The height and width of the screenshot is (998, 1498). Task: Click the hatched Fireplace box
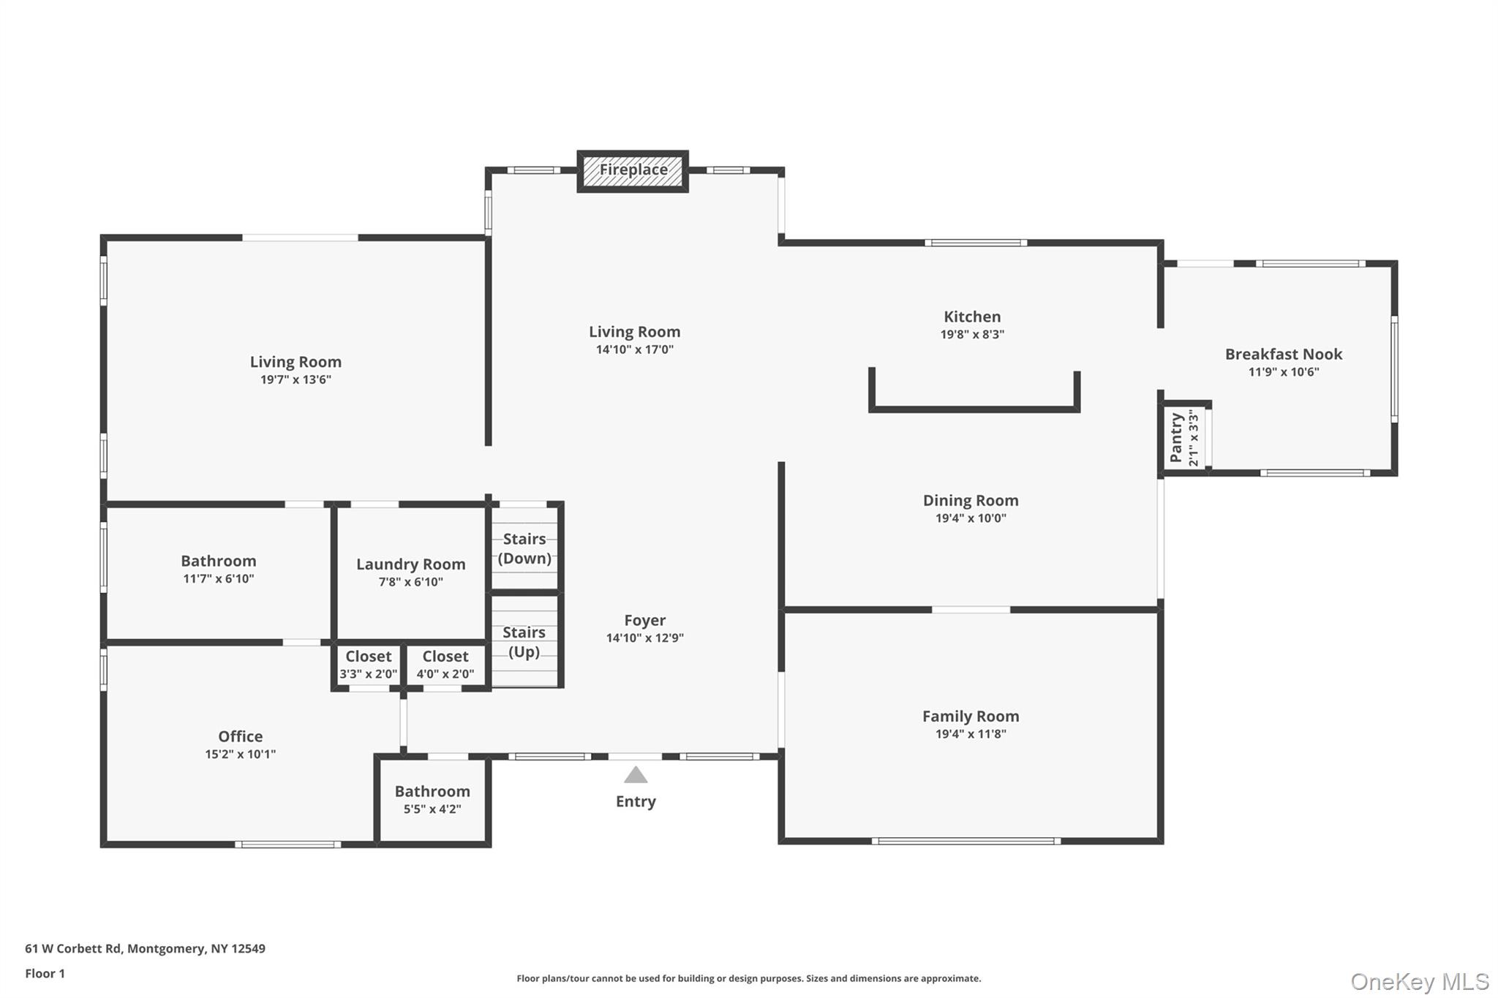coord(633,171)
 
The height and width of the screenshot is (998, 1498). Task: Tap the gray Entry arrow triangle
coord(636,775)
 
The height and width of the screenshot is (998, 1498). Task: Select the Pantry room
coord(1184,437)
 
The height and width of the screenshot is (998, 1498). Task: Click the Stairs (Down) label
coord(524,548)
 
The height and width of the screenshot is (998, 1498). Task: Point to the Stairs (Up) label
coord(524,642)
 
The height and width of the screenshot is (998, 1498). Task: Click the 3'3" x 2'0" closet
coord(368,665)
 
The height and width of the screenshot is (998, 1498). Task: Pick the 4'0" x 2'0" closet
coord(445,665)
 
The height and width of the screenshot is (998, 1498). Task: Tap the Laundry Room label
coord(410,564)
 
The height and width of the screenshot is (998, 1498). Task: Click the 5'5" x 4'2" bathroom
coord(432,800)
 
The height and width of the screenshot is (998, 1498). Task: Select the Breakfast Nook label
coord(1284,355)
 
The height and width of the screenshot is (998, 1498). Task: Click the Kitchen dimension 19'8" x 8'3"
coord(972,335)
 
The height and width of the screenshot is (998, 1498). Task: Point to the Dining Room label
coord(971,501)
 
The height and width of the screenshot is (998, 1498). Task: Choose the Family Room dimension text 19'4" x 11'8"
coord(971,734)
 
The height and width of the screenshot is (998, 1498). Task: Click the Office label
coord(240,737)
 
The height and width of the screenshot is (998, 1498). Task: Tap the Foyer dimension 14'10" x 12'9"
coord(644,638)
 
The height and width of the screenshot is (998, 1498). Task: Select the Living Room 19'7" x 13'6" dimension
coord(296,380)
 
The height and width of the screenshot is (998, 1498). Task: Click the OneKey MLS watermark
coord(1419,981)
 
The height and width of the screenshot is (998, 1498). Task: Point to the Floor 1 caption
coord(45,974)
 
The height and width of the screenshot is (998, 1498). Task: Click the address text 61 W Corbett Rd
coord(73,949)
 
